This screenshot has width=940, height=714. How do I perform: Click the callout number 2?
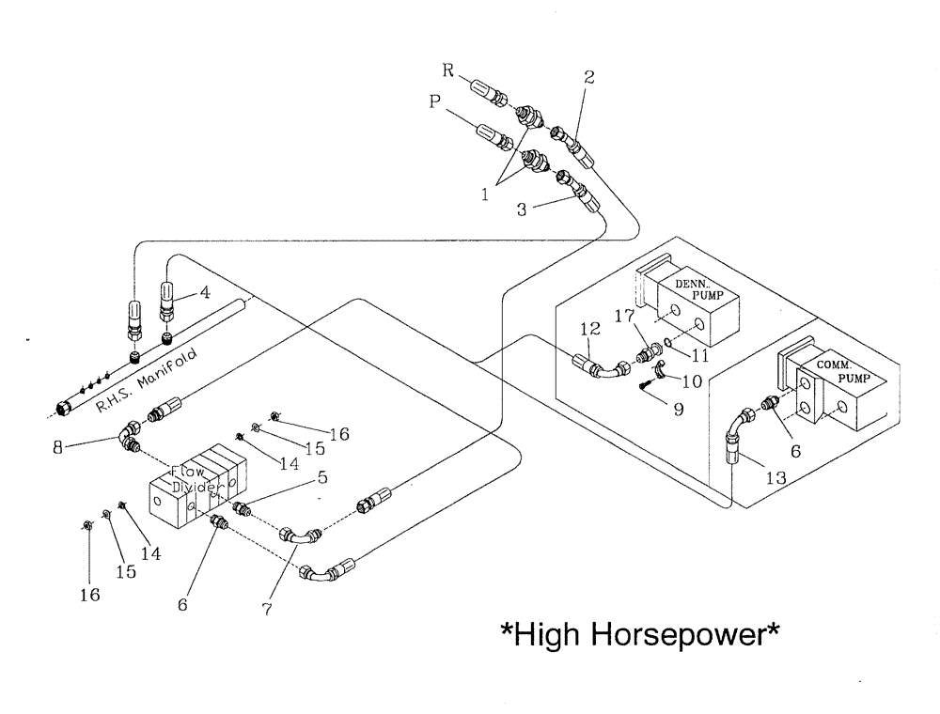click(588, 78)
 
